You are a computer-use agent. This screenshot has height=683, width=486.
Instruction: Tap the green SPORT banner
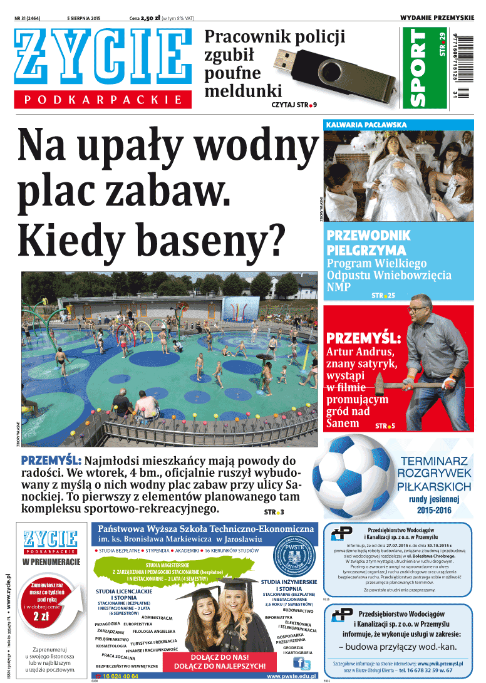(418, 68)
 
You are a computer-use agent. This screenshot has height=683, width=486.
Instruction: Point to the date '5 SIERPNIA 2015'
(83, 18)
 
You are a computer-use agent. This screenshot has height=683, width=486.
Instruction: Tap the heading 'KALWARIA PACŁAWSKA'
(366, 125)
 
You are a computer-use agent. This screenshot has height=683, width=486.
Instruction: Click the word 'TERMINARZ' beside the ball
(435, 462)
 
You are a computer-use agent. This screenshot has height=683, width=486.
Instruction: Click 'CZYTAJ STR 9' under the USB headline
(294, 105)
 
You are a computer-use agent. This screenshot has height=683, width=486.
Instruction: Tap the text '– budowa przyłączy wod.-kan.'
(398, 647)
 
